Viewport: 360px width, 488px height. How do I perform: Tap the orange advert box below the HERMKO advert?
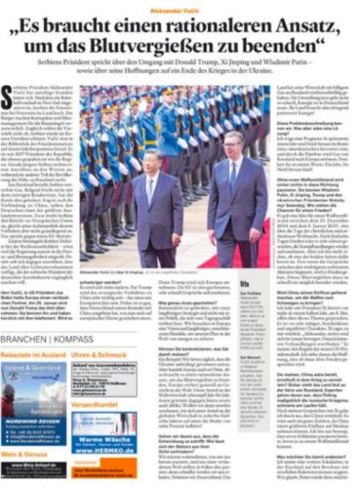[102, 472]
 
